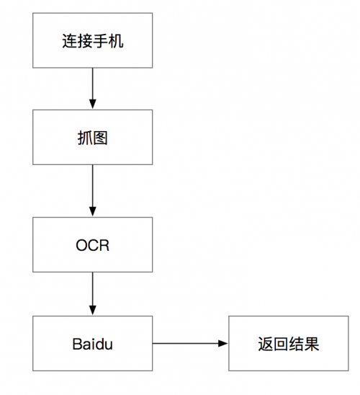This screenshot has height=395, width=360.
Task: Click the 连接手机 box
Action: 92,40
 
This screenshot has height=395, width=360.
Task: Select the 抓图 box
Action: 92,137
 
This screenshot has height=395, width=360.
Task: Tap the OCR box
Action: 92,244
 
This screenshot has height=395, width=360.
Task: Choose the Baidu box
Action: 92,343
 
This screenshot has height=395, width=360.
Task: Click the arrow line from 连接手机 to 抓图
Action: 92,85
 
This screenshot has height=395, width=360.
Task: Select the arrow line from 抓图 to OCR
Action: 92,189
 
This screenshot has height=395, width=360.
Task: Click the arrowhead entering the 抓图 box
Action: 92,105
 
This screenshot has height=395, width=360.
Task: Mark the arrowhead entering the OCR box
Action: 92,213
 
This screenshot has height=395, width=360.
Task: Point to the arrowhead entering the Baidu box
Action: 92,311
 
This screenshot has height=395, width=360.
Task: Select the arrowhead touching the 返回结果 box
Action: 224,343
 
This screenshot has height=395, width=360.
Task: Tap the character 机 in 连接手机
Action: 116,40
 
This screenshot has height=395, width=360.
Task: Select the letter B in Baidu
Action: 77,343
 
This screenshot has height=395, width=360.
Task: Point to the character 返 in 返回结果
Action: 265,343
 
